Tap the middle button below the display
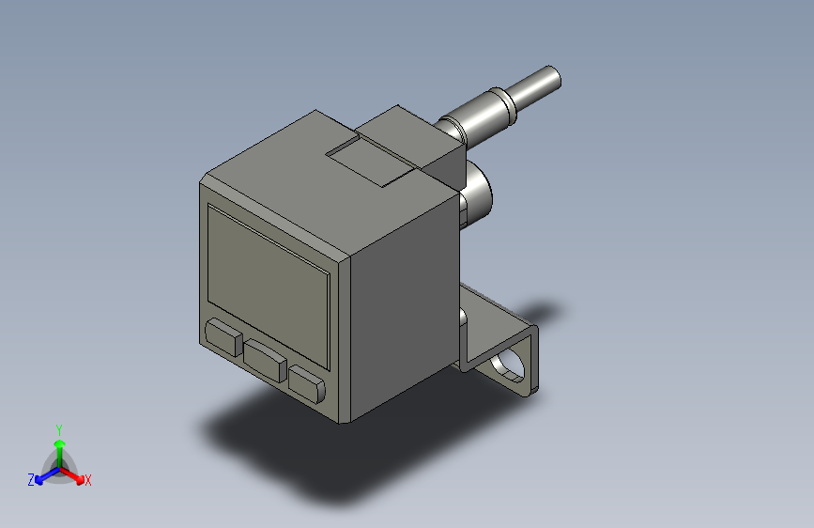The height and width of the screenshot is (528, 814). point(267,359)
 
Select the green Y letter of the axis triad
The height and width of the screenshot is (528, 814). point(58,428)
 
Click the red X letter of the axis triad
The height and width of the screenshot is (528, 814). point(88,481)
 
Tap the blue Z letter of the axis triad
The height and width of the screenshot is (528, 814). point(31,480)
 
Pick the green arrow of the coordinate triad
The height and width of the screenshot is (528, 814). point(59,447)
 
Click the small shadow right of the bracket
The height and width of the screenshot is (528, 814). point(545,311)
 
